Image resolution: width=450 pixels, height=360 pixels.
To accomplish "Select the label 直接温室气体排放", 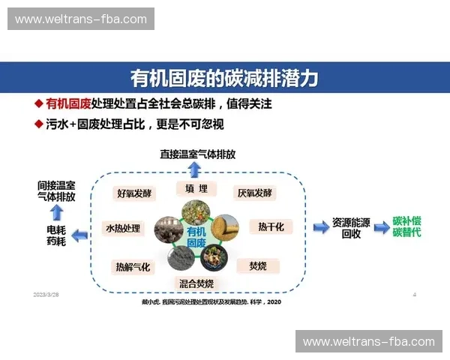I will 197,154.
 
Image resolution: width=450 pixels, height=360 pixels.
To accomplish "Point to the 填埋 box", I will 196,188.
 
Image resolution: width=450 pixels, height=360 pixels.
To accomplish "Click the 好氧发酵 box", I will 134,193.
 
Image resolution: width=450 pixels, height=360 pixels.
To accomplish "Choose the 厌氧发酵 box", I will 254,193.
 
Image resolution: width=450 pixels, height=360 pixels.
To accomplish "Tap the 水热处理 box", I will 123,228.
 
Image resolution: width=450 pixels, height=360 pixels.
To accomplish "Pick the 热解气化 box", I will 133,266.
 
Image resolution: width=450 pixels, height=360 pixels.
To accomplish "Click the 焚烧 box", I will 258,265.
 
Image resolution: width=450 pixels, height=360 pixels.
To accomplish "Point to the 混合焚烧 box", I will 196,283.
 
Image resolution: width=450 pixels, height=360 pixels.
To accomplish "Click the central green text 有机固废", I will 196,237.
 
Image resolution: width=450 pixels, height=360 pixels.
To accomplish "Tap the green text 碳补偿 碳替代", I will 407,227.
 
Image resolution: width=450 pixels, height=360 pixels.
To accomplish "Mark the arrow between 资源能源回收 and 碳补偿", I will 380,226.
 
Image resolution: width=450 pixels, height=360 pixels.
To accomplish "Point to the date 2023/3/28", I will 46,295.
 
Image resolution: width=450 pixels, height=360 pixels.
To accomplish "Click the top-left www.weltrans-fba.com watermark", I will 81,19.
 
